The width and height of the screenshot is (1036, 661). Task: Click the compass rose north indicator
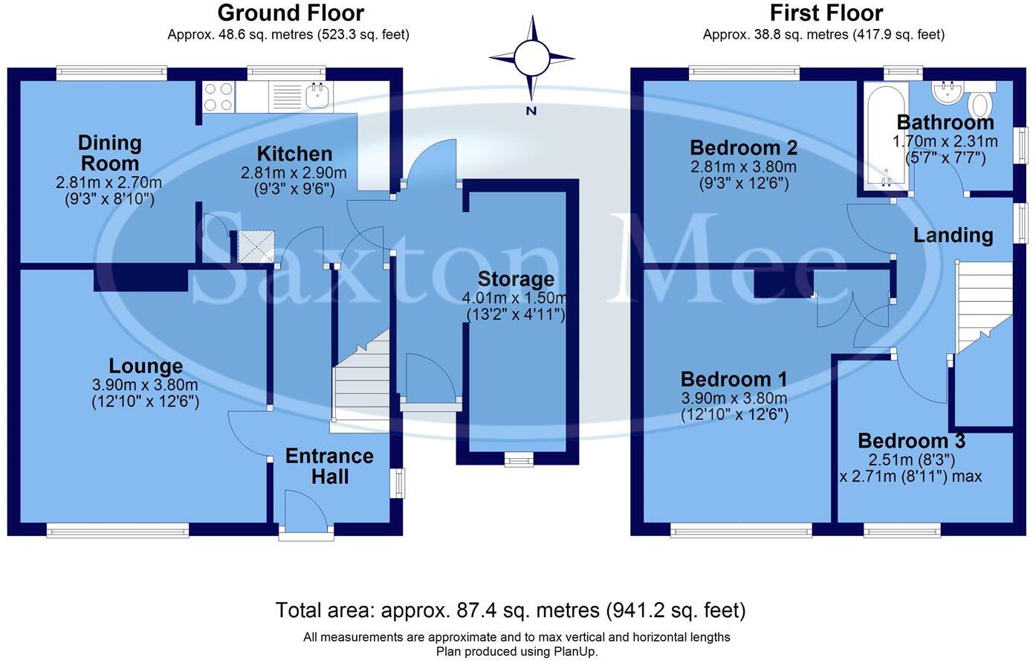click(531, 58)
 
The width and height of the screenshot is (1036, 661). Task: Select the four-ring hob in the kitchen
click(218, 97)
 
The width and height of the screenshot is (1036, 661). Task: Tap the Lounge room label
click(146, 366)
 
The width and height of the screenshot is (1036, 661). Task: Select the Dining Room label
click(109, 152)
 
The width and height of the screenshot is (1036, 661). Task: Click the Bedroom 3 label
click(911, 441)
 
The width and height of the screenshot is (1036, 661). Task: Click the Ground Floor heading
click(291, 13)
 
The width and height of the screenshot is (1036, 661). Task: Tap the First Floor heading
click(826, 13)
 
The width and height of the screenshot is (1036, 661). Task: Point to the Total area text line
click(511, 610)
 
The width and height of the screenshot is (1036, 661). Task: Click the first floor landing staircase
click(983, 305)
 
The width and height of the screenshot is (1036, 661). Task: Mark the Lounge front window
click(117, 529)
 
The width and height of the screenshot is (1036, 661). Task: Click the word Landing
click(953, 235)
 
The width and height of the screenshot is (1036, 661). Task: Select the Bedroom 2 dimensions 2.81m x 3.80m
click(743, 167)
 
